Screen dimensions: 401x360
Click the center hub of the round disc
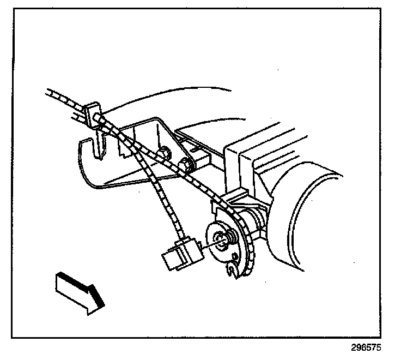tap(221, 237)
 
